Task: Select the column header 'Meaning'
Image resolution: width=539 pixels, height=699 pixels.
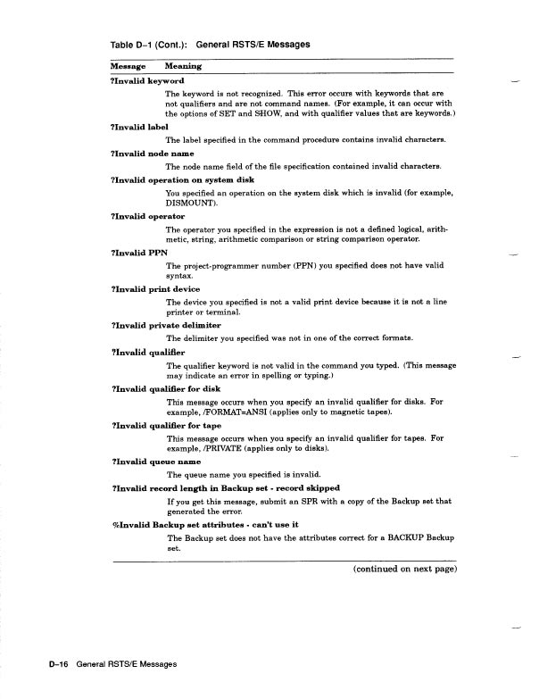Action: pyautogui.click(x=183, y=66)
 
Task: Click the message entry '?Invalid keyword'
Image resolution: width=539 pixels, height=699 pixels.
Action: pyautogui.click(x=146, y=80)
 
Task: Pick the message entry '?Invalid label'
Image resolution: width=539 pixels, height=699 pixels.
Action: pyautogui.click(x=138, y=128)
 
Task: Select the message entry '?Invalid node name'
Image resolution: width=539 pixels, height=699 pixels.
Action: pyautogui.click(x=152, y=153)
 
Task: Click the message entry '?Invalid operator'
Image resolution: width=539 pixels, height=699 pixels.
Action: pyautogui.click(x=147, y=216)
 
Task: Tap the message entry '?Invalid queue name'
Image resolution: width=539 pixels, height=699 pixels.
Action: pyautogui.click(x=155, y=462)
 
